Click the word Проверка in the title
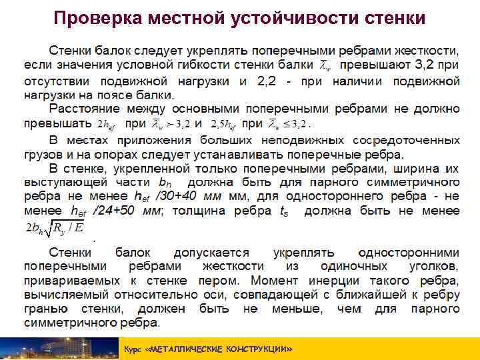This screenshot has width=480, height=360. click(x=93, y=17)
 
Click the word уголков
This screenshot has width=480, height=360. click(x=433, y=266)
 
